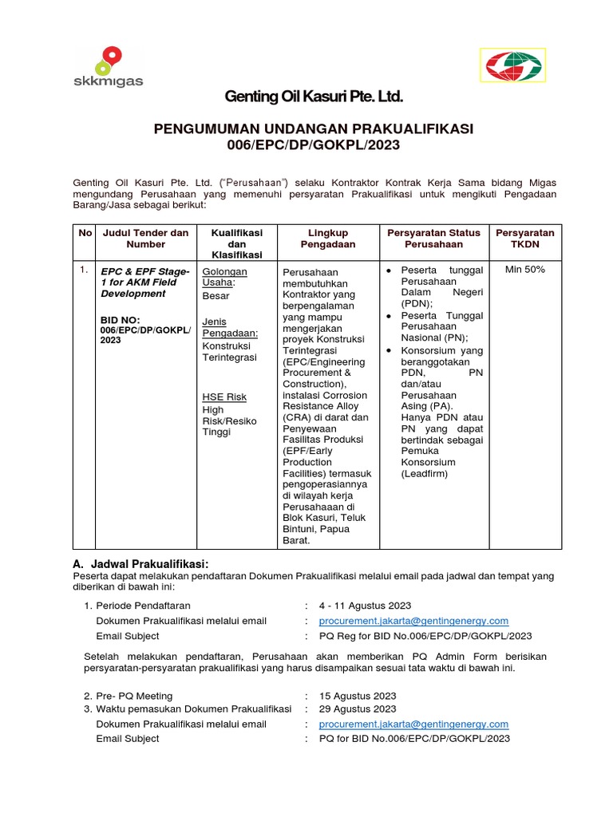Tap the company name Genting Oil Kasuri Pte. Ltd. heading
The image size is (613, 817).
pos(314,97)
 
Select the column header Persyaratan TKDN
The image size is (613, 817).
pos(524,238)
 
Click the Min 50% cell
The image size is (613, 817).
pos(525,270)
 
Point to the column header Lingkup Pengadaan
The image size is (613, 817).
pos(327,238)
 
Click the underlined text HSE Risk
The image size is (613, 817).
pos(224,397)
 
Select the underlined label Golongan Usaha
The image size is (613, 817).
pos(225,277)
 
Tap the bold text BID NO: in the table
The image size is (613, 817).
pos(120,319)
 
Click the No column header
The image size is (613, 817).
pos(85,233)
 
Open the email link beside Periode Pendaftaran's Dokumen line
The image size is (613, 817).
pos(413,621)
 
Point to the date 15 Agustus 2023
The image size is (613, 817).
pos(358,696)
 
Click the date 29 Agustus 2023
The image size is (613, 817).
pos(358,708)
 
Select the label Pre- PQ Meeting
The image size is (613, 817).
pos(134,696)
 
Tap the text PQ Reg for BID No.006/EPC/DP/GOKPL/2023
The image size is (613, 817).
pos(425,636)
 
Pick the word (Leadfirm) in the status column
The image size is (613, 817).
pos(425,473)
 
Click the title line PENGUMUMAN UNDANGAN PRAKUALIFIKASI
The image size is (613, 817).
pos(314,128)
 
